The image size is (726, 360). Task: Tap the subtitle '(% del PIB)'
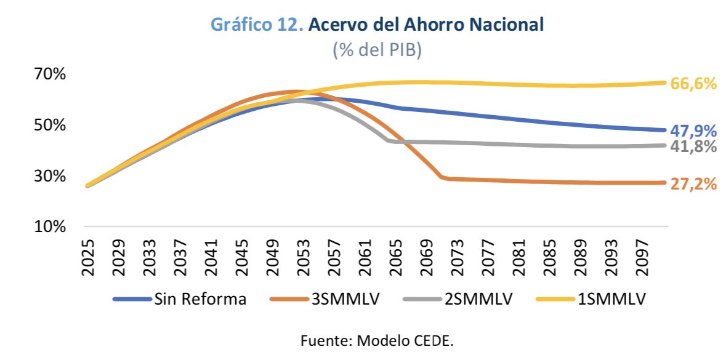pyautogui.click(x=377, y=50)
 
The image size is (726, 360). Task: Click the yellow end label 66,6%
pyautogui.click(x=694, y=84)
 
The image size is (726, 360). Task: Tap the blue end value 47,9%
pyautogui.click(x=694, y=130)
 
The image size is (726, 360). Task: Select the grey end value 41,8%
pyautogui.click(x=694, y=146)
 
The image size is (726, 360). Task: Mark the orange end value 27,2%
pyautogui.click(x=694, y=183)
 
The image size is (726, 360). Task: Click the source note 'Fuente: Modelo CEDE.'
pyautogui.click(x=377, y=340)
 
